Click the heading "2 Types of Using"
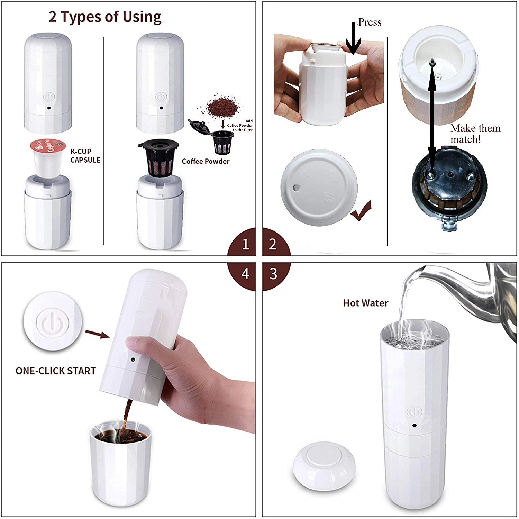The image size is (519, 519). (105, 17)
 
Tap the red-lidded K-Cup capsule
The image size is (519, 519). (47, 157)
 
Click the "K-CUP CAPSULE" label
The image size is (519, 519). (85, 156)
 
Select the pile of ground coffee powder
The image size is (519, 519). (219, 105)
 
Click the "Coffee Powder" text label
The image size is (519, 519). (206, 162)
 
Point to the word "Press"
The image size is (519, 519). (370, 22)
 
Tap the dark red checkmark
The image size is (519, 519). (361, 212)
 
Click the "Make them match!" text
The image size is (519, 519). (475, 134)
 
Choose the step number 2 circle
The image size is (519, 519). (273, 244)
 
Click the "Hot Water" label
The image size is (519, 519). (365, 303)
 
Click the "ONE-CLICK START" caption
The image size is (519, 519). (56, 371)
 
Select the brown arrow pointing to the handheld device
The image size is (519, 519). (97, 334)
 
